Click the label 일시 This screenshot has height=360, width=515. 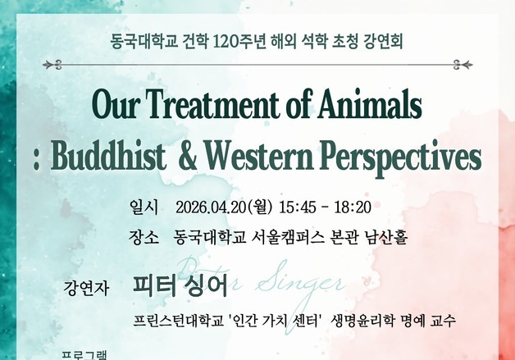point(143,206)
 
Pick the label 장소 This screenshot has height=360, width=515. point(143,238)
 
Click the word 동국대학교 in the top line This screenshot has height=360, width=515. point(139,39)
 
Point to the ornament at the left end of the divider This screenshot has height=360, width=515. point(53,64)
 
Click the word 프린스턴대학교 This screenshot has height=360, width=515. point(180,320)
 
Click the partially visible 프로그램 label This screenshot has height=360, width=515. point(85,355)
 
